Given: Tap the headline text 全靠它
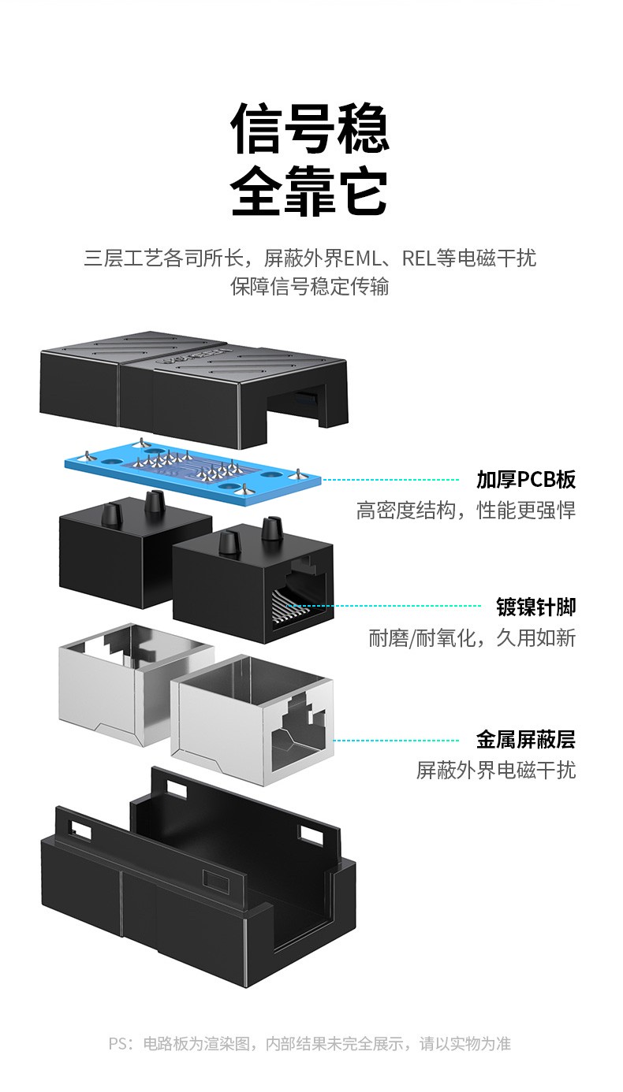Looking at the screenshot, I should coord(310,191).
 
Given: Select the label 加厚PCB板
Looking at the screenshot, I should coord(525,479).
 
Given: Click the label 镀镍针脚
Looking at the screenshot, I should coord(535,607).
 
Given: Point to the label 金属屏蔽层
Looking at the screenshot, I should coord(525,740).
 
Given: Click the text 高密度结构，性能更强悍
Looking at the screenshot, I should coord(465,511).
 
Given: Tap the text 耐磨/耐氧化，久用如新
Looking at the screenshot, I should coord(472,637).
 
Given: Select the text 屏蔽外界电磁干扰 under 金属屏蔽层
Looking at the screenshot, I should coord(495,770).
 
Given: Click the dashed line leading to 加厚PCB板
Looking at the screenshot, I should coord(390,479).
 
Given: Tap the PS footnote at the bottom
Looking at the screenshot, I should coord(310,1044).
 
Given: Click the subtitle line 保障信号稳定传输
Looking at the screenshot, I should coord(310,286).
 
